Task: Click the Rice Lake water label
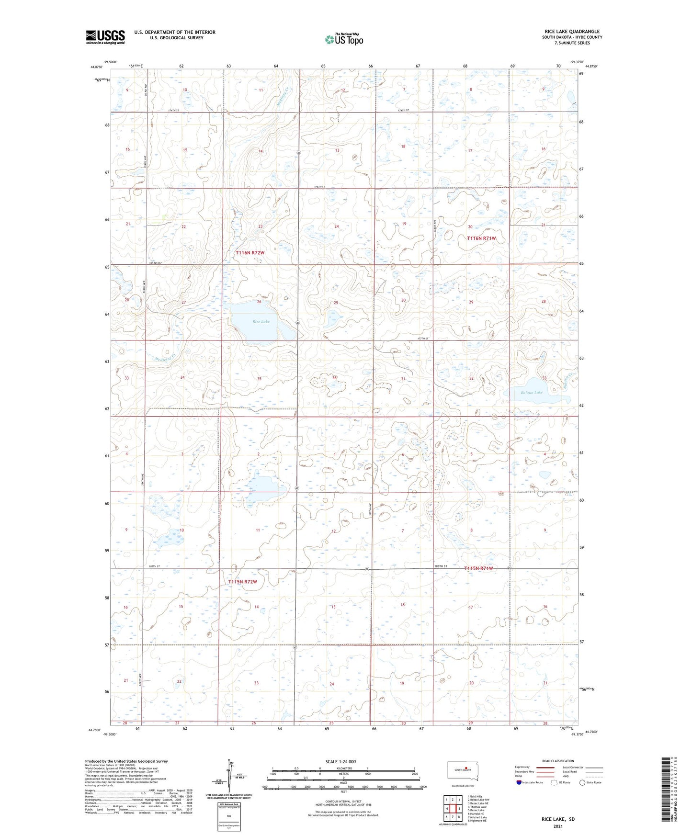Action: pos(261,321)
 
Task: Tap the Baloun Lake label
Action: pos(532,392)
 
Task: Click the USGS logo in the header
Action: pos(105,37)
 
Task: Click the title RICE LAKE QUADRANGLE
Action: pos(572,32)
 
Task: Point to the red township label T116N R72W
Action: pos(250,252)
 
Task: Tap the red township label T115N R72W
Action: pos(242,581)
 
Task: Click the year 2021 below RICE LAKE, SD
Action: pos(557,826)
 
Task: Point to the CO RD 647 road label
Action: pos(156,263)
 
